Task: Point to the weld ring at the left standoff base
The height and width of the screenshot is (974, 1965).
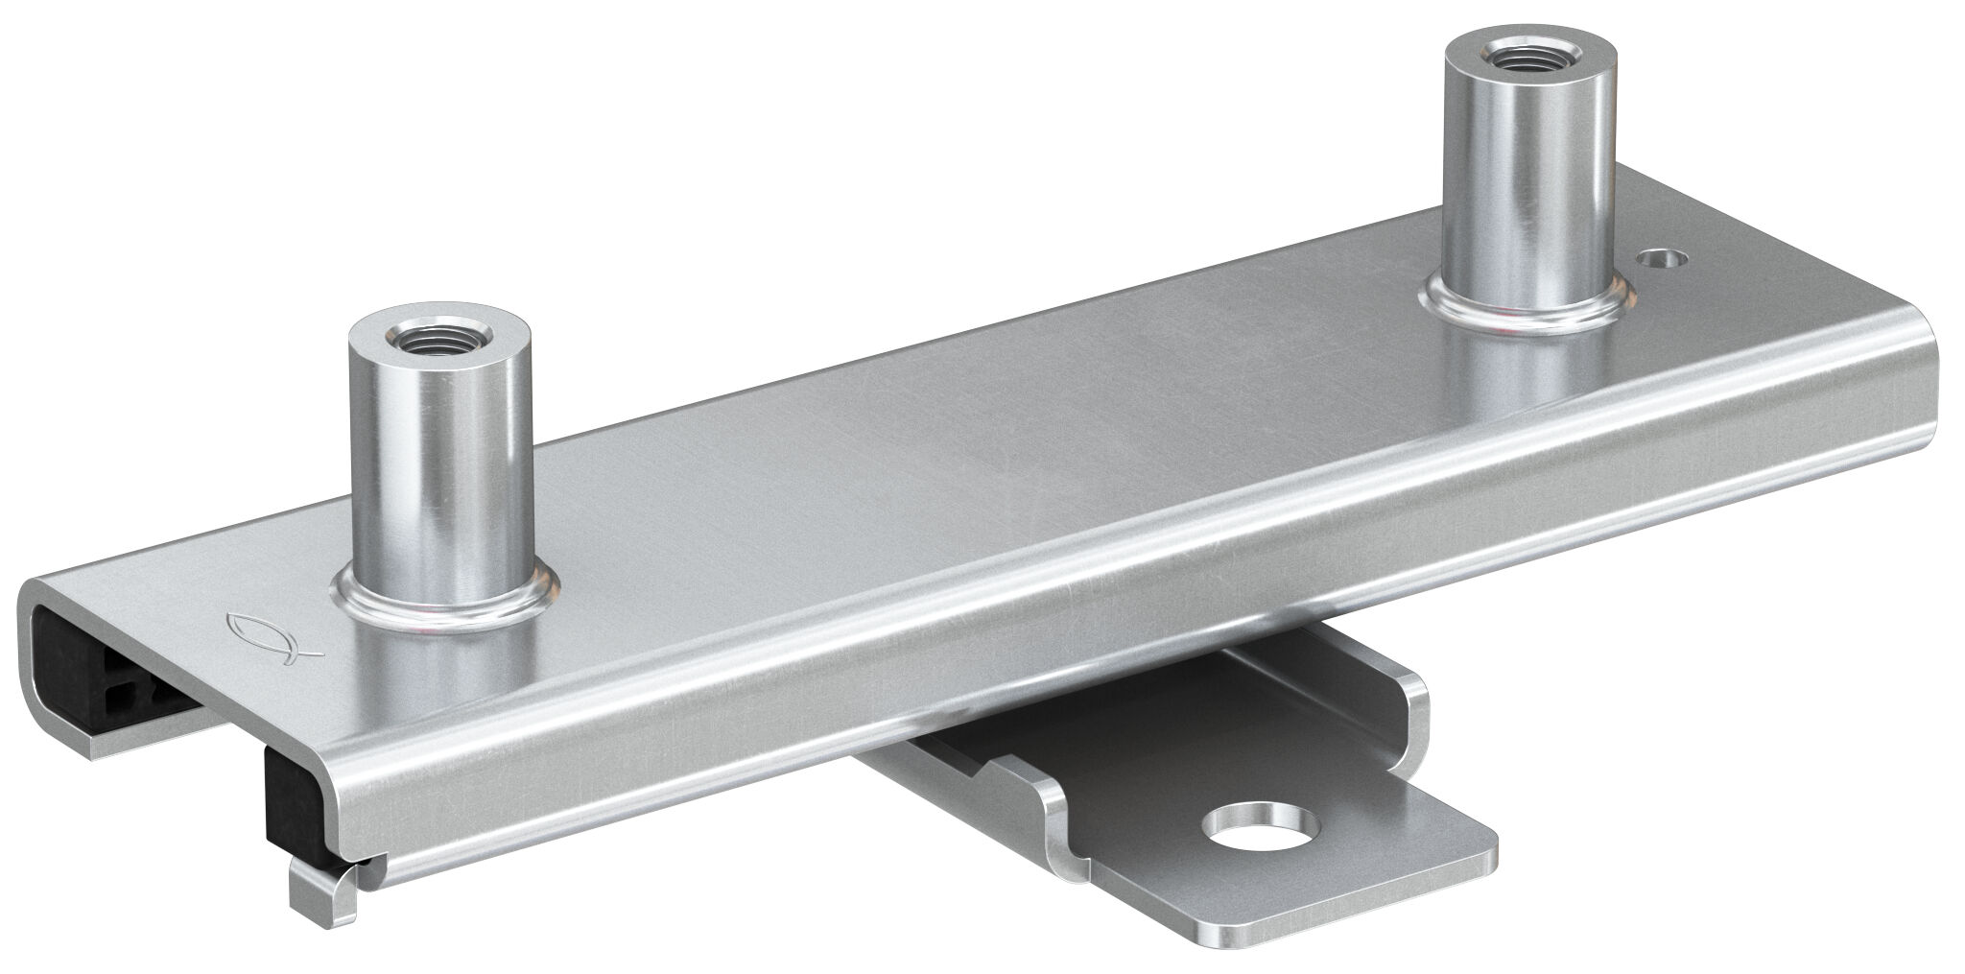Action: point(446,603)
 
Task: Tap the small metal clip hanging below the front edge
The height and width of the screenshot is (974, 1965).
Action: point(321,878)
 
